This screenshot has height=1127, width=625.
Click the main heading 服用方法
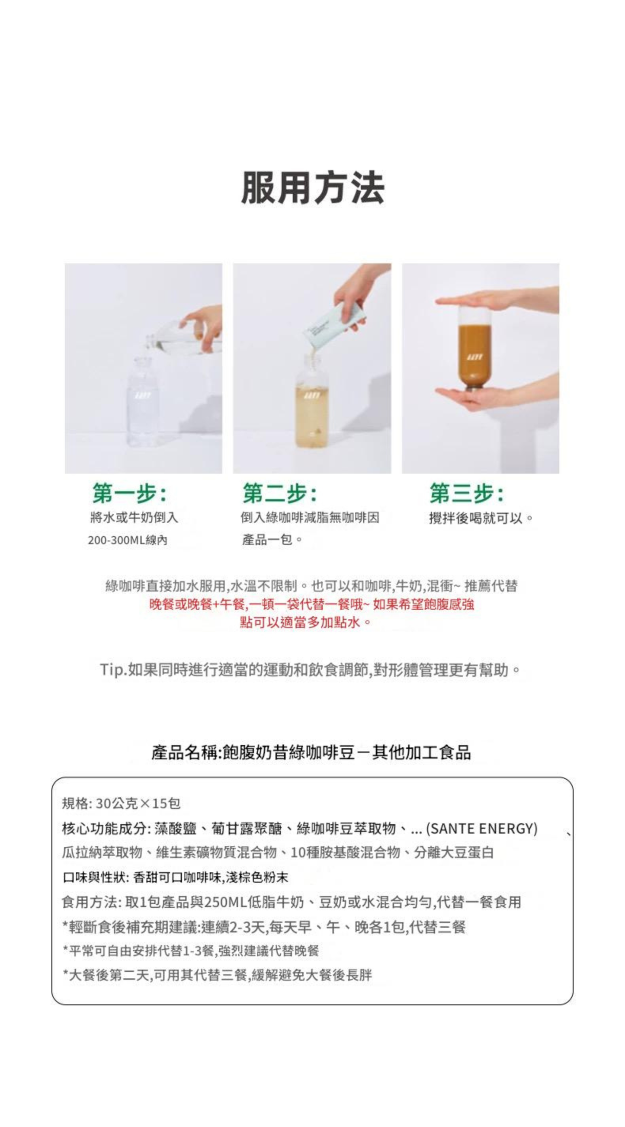tap(312, 188)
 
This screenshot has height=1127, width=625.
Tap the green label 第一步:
tap(129, 493)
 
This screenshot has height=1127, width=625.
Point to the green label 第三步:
tap(467, 493)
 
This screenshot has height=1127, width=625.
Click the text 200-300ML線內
tap(127, 540)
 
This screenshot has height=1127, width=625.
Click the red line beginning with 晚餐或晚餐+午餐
tap(311, 605)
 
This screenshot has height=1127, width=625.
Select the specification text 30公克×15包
tap(138, 804)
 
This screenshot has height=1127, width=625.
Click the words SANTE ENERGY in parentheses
tap(481, 829)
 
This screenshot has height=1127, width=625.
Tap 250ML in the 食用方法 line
tap(225, 902)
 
